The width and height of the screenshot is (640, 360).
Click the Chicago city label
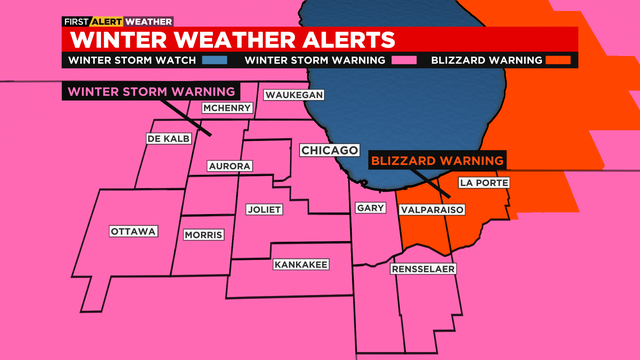329,150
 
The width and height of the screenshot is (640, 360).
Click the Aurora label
229,166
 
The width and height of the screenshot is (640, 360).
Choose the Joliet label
264,210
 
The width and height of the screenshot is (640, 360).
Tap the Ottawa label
133,232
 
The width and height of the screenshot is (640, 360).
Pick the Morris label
203,235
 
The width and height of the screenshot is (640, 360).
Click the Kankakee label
300,265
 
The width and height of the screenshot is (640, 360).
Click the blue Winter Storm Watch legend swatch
223,60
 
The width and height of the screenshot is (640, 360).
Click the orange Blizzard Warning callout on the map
436,160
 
